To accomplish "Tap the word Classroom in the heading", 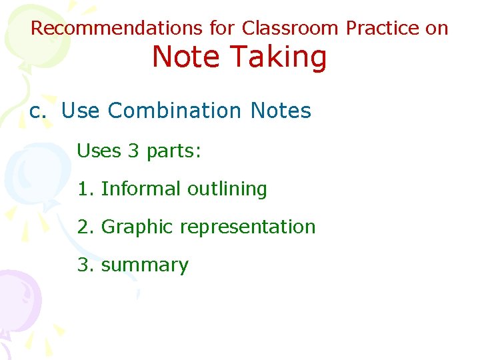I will click(291, 29).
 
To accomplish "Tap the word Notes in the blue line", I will click(281, 111).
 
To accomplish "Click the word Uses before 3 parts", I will click(99, 151).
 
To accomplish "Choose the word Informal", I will click(141, 189).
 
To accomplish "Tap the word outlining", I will click(227, 189).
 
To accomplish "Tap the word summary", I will click(145, 265).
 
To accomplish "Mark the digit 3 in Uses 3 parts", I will click(133, 151).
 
